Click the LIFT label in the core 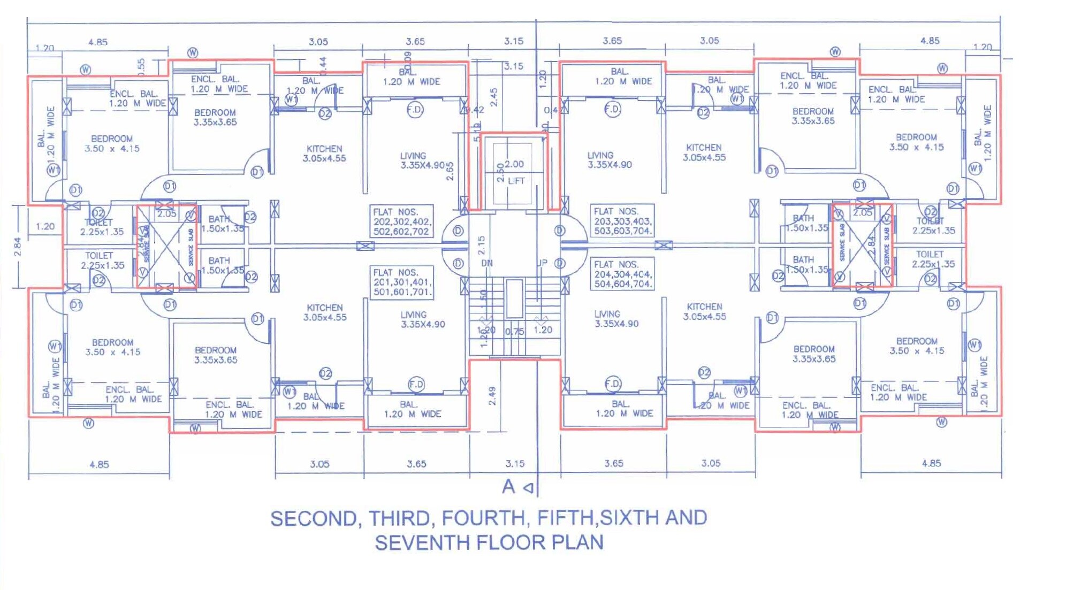click(516, 181)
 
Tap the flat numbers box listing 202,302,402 click(401, 221)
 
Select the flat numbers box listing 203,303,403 click(622, 221)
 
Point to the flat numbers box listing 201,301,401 click(401, 282)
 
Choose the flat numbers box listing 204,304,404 click(622, 274)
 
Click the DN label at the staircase click(486, 263)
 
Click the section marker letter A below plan click(508, 486)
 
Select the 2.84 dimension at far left click(18, 247)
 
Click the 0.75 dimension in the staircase click(514, 332)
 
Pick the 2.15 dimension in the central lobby click(481, 245)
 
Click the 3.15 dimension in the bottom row click(515, 464)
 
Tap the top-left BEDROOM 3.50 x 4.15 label click(112, 143)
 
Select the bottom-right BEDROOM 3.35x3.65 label click(813, 354)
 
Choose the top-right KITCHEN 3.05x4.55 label click(704, 152)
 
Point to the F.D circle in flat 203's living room click(612, 110)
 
